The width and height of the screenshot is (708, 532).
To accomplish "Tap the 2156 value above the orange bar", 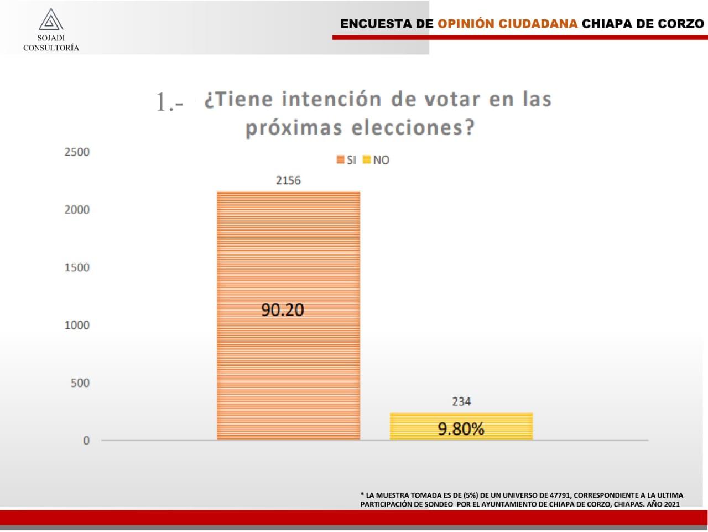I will [288, 180].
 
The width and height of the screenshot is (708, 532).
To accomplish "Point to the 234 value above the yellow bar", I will [461, 402].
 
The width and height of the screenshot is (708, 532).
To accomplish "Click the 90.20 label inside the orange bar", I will [283, 310].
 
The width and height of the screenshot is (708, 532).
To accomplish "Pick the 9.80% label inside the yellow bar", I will [461, 429].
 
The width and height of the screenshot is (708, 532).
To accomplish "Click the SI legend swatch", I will [341, 160].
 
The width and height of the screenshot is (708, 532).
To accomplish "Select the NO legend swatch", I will [366, 160].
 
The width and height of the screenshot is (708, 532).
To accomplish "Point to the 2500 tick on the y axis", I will [77, 152].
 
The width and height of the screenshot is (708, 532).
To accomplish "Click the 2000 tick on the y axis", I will [77, 210].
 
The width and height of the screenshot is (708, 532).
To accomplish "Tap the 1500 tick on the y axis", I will [77, 267].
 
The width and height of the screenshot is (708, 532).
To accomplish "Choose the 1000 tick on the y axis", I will [77, 325].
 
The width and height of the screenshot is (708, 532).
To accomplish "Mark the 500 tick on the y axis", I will [80, 383].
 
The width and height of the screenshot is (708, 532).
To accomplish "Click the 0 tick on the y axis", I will [86, 441].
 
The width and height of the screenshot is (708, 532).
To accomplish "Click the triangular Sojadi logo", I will [51, 20].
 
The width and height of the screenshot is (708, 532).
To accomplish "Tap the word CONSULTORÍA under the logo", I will [51, 48].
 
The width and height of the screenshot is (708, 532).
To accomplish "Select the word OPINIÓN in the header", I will [465, 24].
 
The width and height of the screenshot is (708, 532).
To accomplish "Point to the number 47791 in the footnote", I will [560, 495].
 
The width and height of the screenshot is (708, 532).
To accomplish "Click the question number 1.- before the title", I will [169, 102].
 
